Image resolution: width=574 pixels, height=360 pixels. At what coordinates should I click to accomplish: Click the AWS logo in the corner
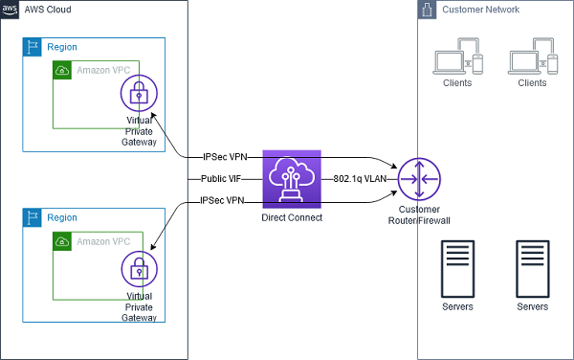(x=10, y=10)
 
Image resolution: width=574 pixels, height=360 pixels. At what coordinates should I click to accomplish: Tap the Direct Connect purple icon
(x=292, y=179)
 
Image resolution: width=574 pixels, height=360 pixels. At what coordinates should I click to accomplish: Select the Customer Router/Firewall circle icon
(x=419, y=179)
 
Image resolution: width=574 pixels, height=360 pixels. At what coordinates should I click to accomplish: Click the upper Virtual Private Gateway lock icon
(x=139, y=93)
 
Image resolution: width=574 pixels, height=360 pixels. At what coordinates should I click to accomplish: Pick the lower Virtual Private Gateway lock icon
(x=139, y=269)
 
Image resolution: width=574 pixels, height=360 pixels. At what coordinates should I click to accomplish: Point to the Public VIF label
(x=221, y=179)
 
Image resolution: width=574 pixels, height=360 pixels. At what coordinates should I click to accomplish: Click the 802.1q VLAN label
(x=360, y=179)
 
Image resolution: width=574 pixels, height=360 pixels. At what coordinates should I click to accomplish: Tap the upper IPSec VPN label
(x=225, y=157)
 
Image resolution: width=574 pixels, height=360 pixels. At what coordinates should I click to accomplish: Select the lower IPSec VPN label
(x=222, y=201)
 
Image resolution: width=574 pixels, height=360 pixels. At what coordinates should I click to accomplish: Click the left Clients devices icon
(x=457, y=56)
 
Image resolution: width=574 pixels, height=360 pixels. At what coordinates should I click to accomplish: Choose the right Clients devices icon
(x=533, y=56)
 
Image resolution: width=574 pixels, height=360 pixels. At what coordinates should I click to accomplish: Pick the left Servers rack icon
(x=457, y=269)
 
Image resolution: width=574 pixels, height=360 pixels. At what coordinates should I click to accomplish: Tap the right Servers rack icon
(x=533, y=269)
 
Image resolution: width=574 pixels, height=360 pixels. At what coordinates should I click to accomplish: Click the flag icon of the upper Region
(x=33, y=47)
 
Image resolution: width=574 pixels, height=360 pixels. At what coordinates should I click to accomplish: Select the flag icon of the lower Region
(x=33, y=217)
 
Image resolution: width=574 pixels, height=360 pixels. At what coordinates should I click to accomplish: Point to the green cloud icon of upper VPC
(x=62, y=70)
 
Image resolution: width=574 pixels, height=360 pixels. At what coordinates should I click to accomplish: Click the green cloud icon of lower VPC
(x=62, y=241)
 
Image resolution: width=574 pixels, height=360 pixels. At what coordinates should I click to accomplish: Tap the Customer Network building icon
(x=427, y=10)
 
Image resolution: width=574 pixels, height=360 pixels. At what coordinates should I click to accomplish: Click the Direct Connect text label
(x=292, y=217)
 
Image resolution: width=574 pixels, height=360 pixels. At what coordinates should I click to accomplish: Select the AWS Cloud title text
(x=48, y=10)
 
